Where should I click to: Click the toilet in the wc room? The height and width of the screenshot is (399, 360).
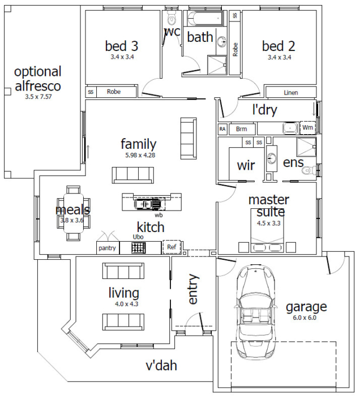coord(172,18)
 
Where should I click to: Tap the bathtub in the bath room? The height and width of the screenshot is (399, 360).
coord(205,18)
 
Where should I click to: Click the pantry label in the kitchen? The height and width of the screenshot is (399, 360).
coord(107,248)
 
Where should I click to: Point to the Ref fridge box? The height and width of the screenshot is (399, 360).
coord(172,247)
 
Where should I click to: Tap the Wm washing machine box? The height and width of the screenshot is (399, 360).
coord(307,127)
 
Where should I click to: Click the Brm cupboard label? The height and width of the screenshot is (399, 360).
coord(242,129)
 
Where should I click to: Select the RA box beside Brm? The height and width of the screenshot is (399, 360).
coord(222,129)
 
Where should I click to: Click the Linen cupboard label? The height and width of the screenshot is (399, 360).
coord(291,93)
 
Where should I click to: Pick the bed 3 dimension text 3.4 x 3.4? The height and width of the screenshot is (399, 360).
coord(122,57)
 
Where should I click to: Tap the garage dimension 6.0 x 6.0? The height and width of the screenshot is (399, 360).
coord(305,318)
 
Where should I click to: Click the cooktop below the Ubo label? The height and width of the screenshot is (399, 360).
coord(139,247)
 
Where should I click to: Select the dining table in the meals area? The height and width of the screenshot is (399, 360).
coord(74,213)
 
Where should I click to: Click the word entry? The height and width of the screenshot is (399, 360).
coord(193,289)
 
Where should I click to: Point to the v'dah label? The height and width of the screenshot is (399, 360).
coord(161,366)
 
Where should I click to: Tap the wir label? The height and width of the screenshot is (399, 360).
coord(246,165)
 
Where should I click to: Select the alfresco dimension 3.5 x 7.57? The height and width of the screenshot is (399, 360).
coord(38,97)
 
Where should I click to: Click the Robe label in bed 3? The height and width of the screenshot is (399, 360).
coord(113,92)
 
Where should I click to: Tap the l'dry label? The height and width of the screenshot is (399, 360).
coord(264,110)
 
